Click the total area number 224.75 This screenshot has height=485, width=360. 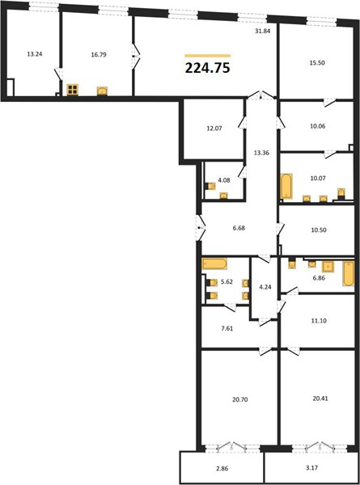(x=207, y=68)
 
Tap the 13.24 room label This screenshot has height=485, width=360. (x=35, y=54)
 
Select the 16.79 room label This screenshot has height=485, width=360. (x=99, y=55)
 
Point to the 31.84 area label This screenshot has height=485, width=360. (x=263, y=31)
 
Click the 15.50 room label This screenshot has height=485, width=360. (x=317, y=62)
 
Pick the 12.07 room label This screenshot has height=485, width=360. (x=214, y=128)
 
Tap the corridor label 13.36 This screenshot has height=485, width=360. (x=261, y=153)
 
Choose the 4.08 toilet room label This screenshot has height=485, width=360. (x=224, y=180)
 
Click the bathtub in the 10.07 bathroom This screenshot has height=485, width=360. (x=286, y=186)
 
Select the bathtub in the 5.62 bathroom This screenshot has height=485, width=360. (x=214, y=264)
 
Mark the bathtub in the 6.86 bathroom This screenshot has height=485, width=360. (x=349, y=273)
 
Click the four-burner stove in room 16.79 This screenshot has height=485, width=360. (x=73, y=90)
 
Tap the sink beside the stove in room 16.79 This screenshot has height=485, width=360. (x=102, y=91)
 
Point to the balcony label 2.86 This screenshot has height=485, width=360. (x=222, y=469)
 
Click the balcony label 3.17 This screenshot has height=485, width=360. (x=312, y=468)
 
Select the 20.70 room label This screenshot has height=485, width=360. (x=240, y=399)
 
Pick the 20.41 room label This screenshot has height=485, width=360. (x=320, y=399)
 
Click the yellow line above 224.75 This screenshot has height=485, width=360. (x=208, y=56)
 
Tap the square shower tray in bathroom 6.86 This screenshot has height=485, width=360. (x=328, y=267)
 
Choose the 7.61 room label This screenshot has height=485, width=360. (x=227, y=328)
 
